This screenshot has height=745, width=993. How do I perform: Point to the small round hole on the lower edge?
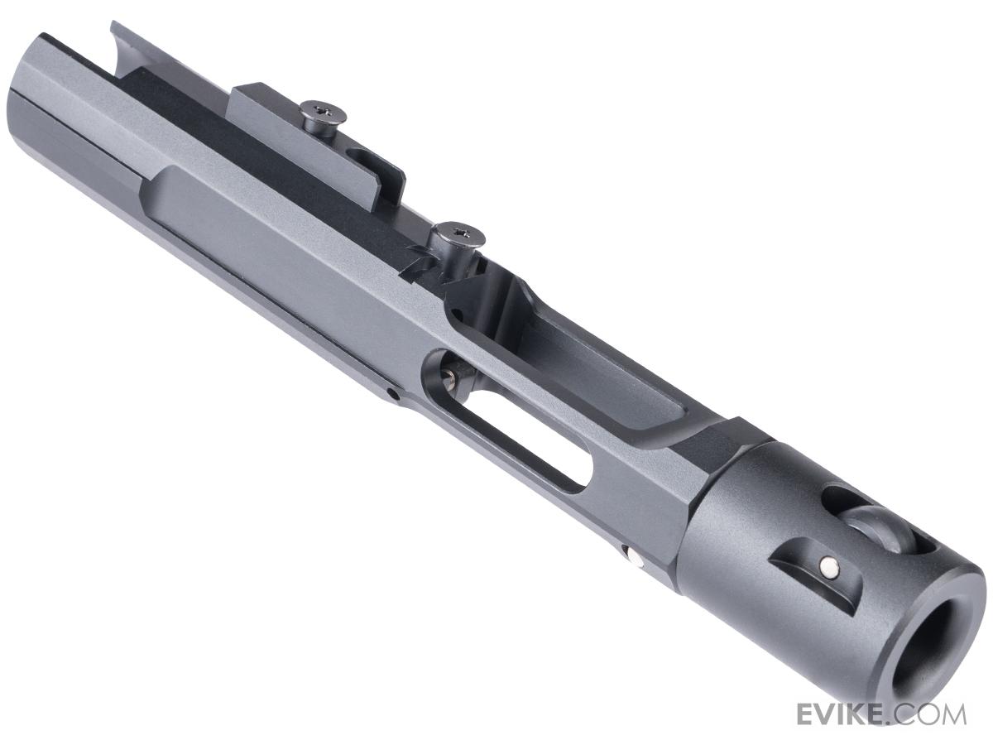[x=396, y=396]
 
